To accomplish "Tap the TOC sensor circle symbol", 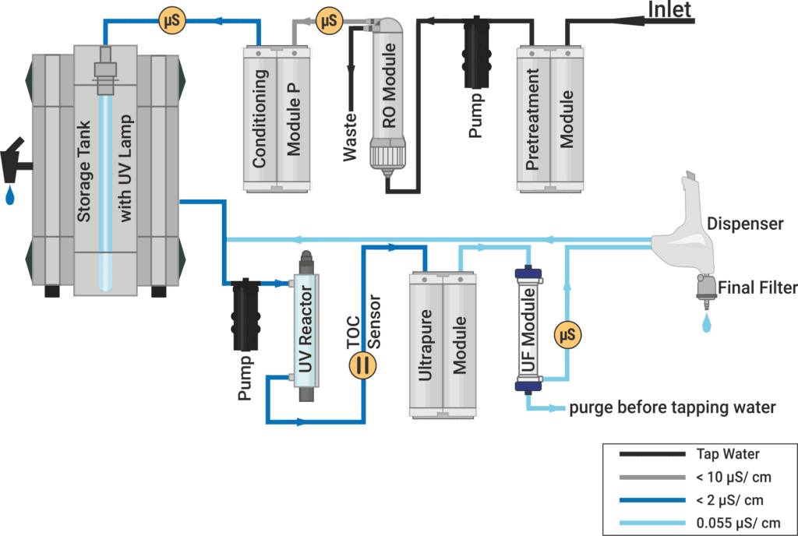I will pos(360,365).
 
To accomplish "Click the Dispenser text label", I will pos(744,224).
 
